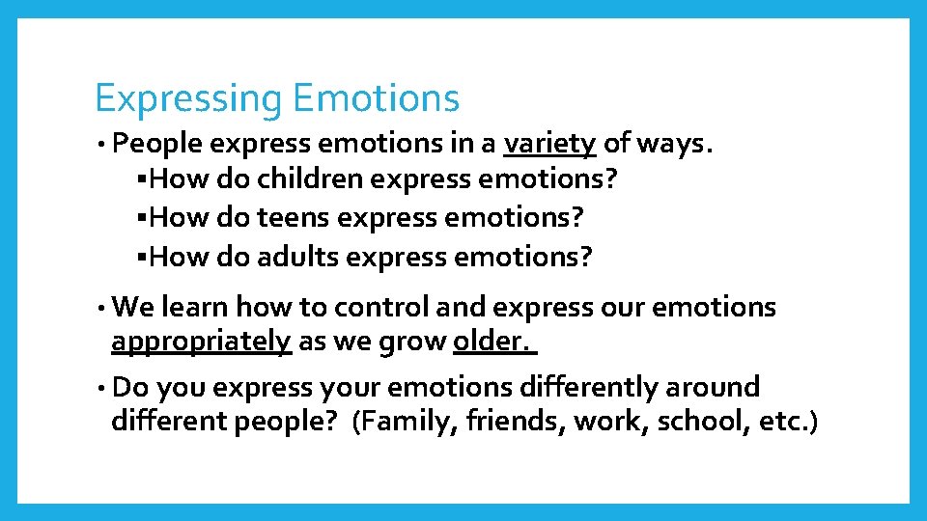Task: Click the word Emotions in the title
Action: (x=376, y=97)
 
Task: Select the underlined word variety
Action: (x=549, y=144)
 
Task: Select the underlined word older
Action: (x=492, y=342)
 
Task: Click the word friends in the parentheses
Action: (x=517, y=423)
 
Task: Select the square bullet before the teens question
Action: (x=142, y=219)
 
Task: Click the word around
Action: (x=714, y=387)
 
